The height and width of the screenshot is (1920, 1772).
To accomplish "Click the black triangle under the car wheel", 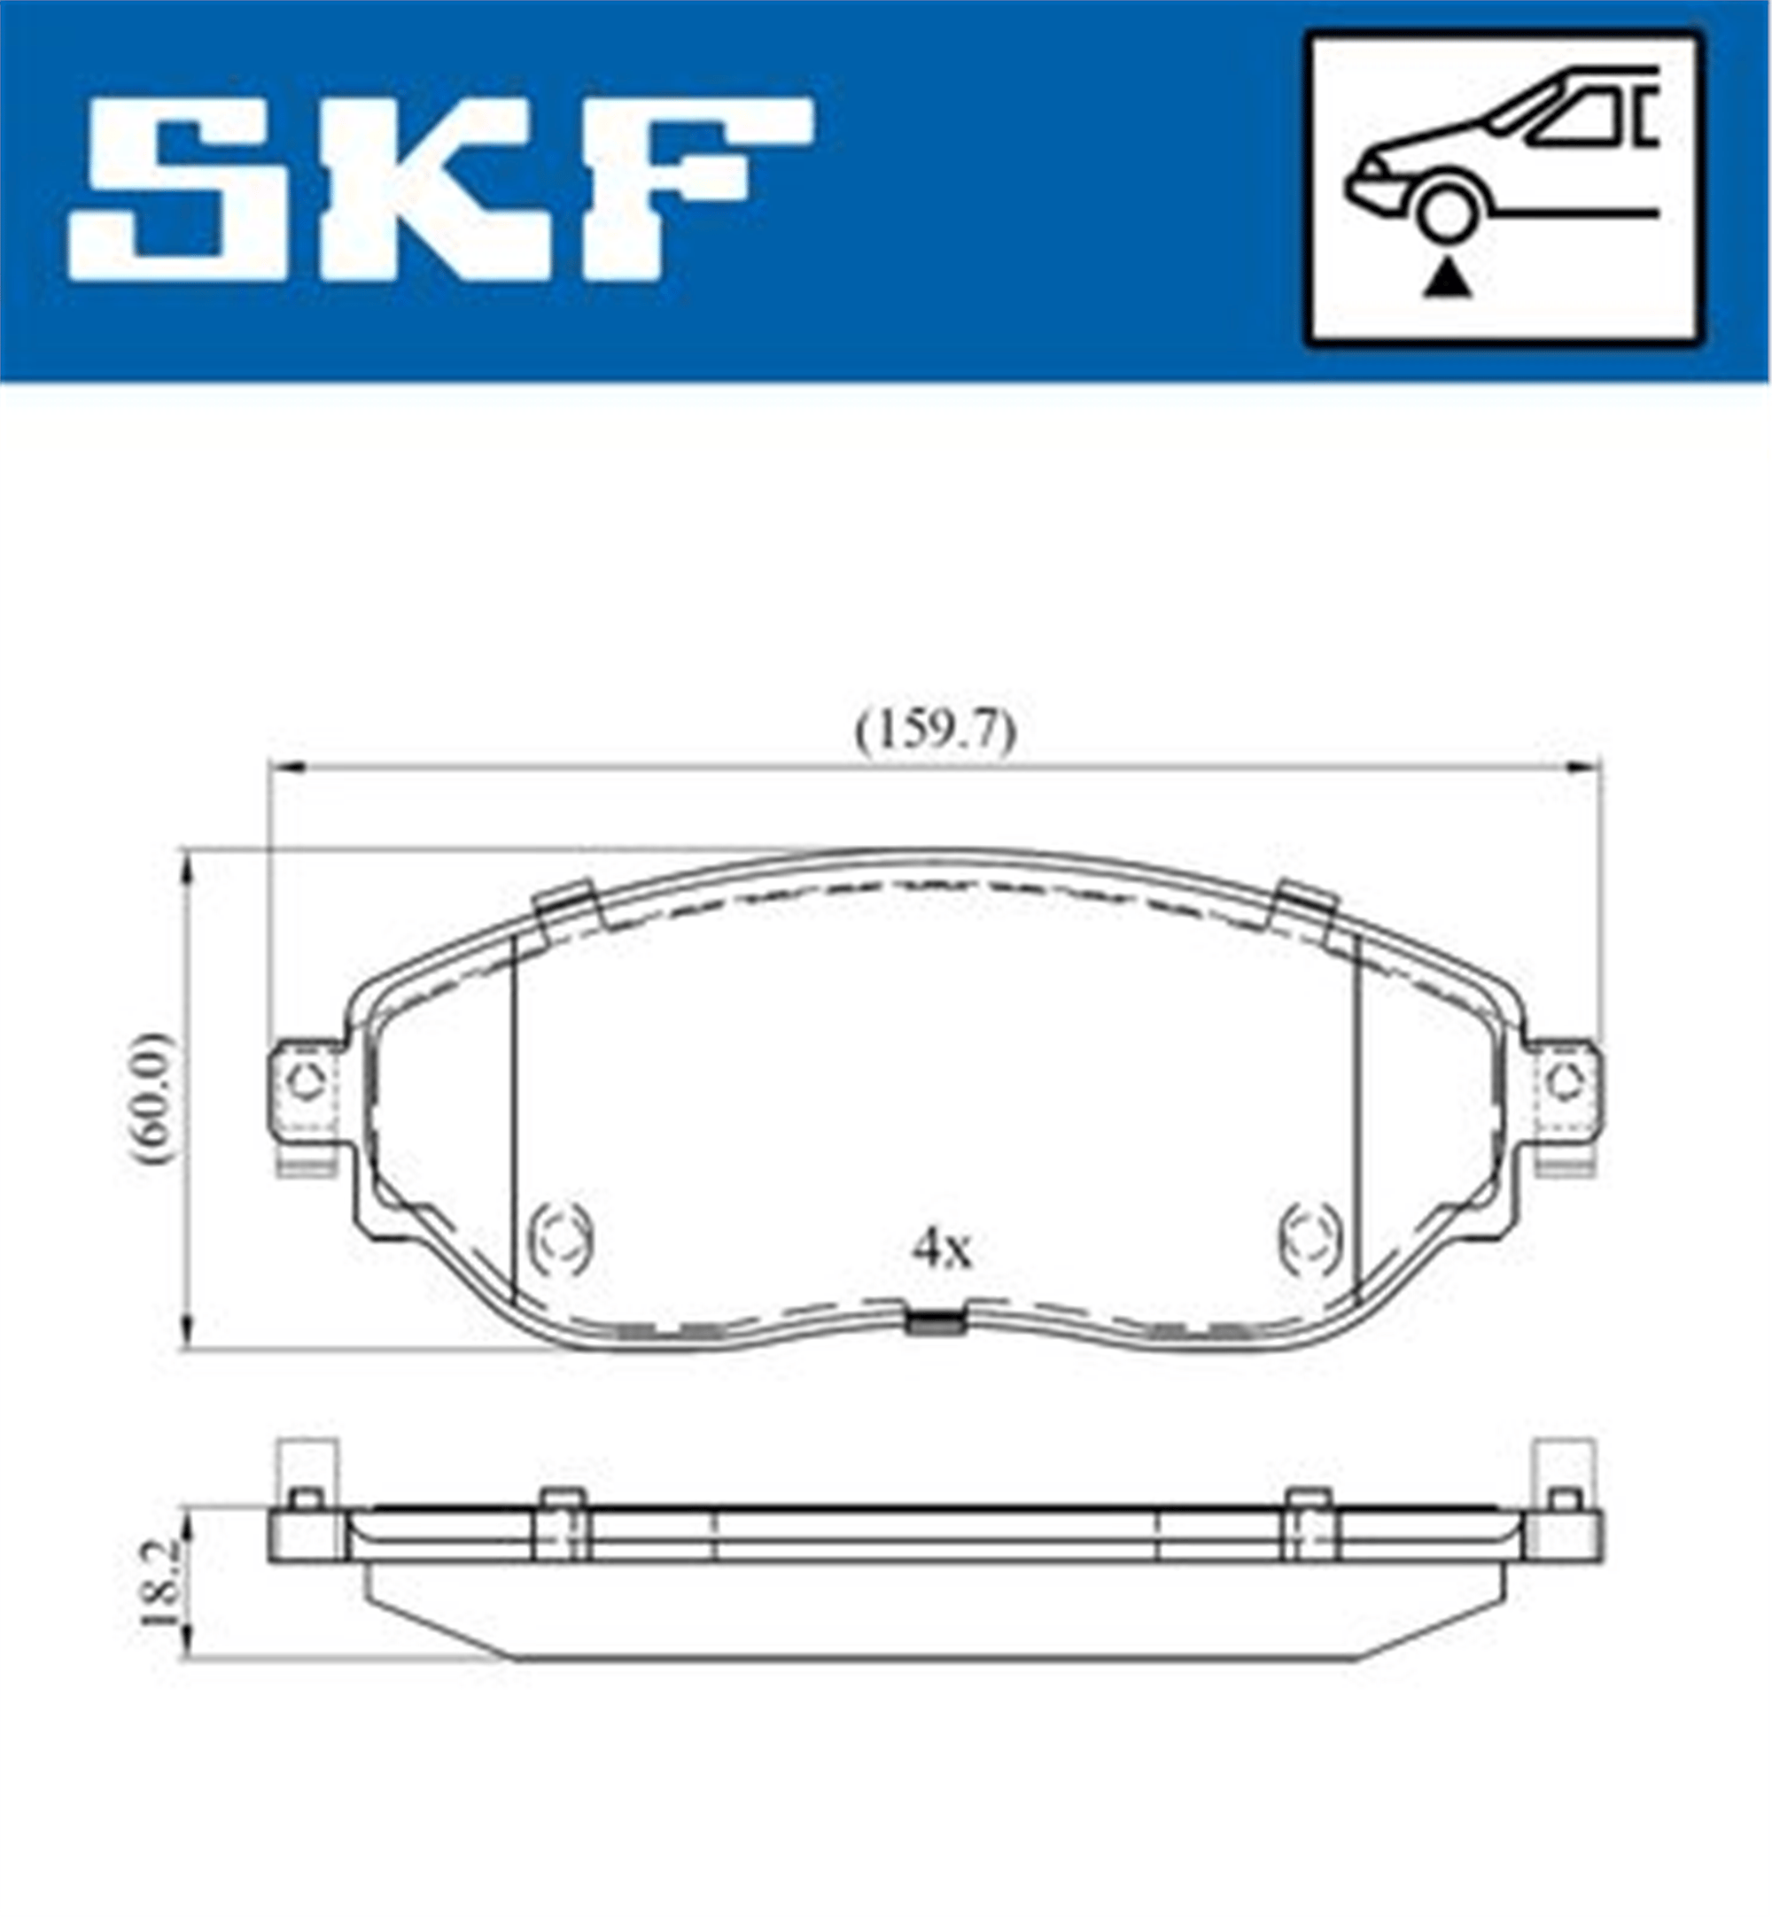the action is [x=1447, y=281].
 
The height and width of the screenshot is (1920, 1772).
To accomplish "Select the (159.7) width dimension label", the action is [x=935, y=735].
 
